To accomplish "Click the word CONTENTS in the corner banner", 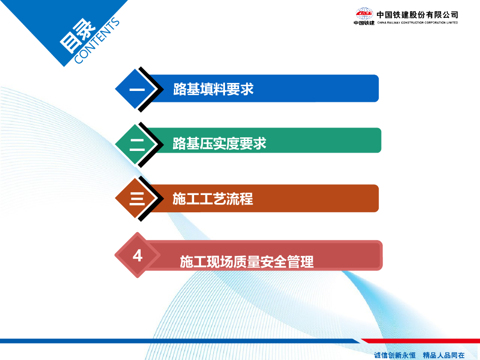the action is click(x=97, y=40).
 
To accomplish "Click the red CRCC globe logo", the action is click(x=364, y=14).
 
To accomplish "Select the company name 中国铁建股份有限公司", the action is click(x=417, y=15).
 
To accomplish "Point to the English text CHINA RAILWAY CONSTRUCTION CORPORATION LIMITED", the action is click(x=418, y=22).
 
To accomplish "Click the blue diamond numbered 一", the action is click(x=136, y=89).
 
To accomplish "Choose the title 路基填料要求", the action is click(x=213, y=89).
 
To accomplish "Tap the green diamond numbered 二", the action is click(x=136, y=144).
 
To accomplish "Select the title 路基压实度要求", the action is click(x=219, y=143).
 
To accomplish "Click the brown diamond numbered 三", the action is click(x=136, y=198).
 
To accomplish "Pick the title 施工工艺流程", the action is click(x=213, y=199).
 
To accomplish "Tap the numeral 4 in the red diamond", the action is click(x=137, y=255).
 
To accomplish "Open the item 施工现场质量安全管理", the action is click(x=247, y=262).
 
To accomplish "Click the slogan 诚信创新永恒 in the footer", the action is click(x=395, y=355).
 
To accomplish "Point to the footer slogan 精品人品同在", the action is click(x=444, y=355).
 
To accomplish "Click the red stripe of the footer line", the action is click(x=420, y=341).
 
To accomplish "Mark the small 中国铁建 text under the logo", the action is click(x=364, y=23).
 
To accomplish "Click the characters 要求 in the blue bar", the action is click(x=240, y=89).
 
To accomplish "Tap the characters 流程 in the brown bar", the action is click(x=240, y=199).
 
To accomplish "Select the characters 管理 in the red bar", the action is click(x=300, y=262).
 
